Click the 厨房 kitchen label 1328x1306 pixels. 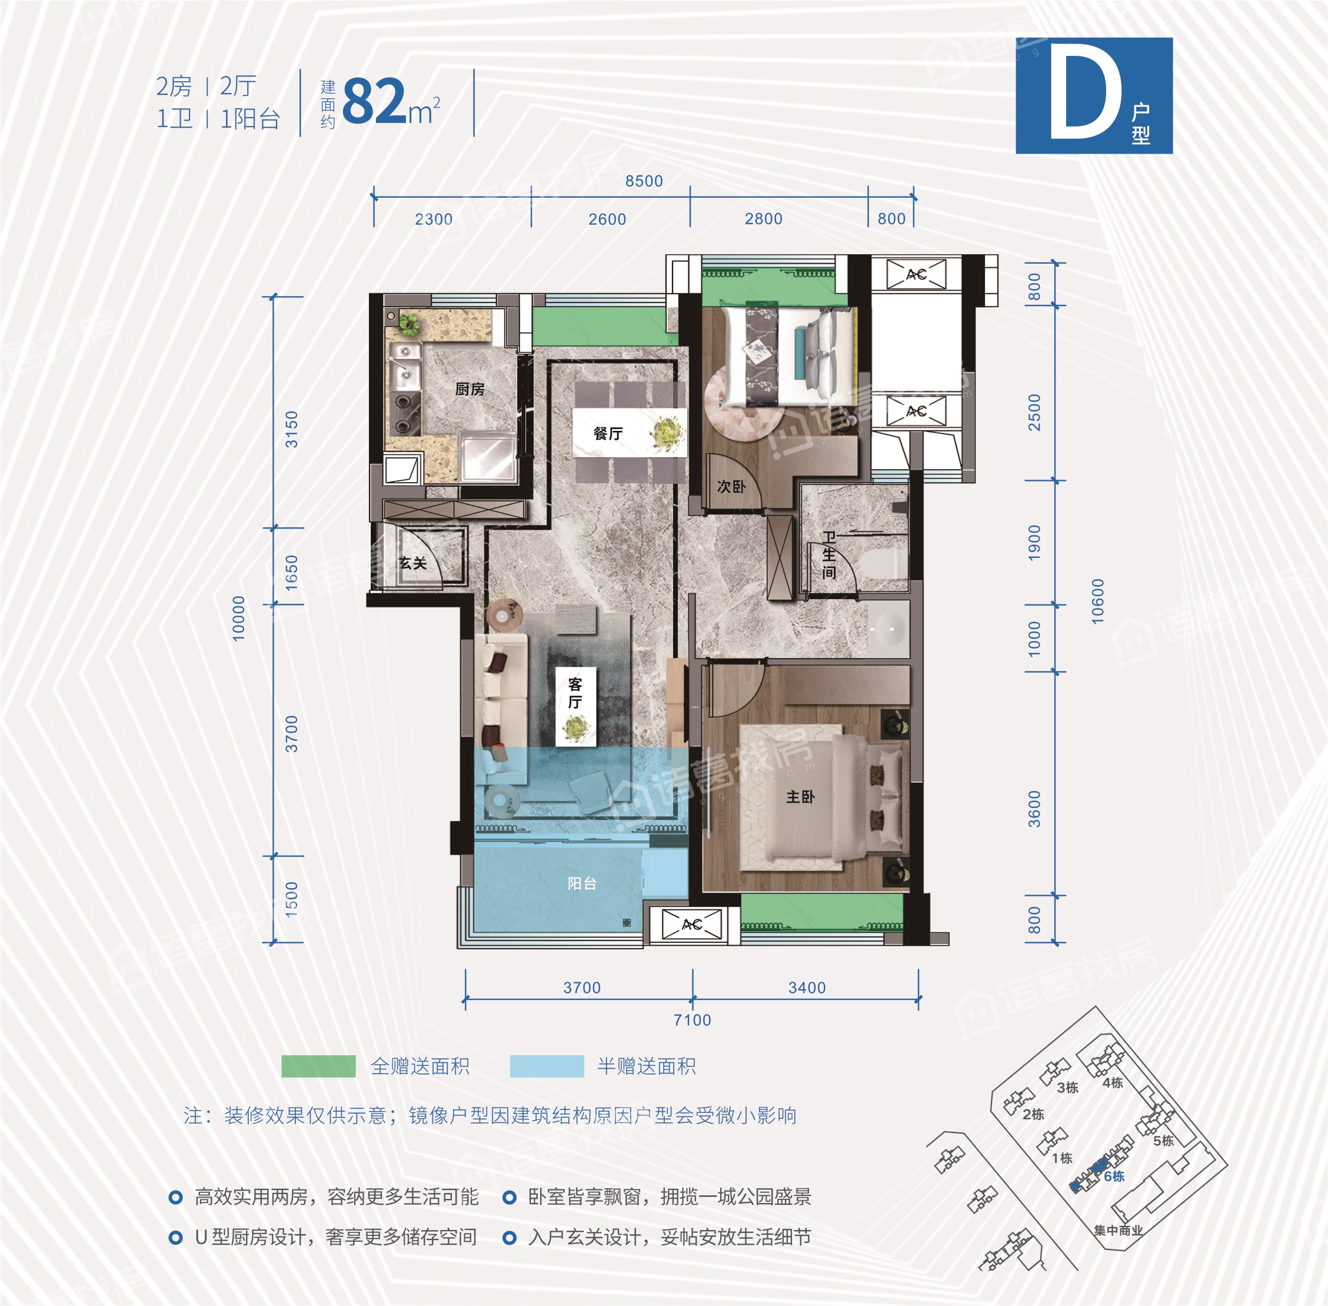(470, 390)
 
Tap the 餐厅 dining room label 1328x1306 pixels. (608, 434)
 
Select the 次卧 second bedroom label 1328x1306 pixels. (731, 486)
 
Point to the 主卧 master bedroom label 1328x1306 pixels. (800, 796)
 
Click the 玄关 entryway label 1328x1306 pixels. (412, 563)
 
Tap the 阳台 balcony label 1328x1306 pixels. (581, 883)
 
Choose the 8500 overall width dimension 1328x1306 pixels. (644, 181)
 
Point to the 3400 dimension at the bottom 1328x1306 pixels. (807, 988)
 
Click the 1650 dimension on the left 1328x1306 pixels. (291, 572)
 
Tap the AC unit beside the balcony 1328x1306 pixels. (692, 925)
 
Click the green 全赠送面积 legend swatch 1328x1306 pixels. (318, 1066)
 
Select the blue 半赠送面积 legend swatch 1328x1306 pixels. (547, 1066)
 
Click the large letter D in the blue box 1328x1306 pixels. (1084, 95)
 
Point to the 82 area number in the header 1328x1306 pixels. (374, 101)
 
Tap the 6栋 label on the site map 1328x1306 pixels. (1114, 1177)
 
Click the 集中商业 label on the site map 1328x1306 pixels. (1118, 1231)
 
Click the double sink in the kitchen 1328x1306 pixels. (404, 364)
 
